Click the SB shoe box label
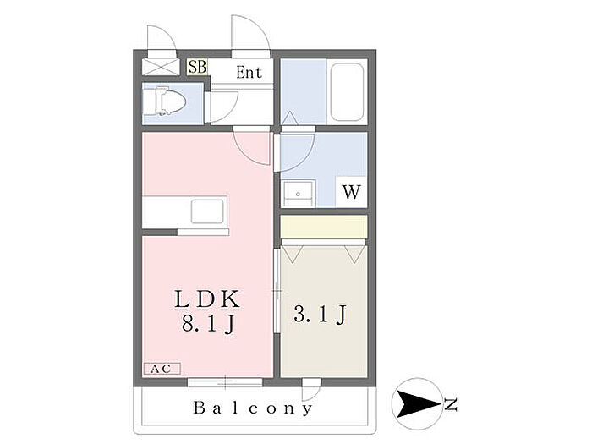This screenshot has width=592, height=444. [x=196, y=66]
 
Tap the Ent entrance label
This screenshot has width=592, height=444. [x=249, y=73]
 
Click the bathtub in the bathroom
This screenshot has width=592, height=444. [x=346, y=91]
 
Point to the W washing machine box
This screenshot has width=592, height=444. [x=350, y=191]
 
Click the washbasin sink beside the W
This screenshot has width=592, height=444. [x=297, y=193]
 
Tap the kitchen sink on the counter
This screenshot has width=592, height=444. [x=207, y=210]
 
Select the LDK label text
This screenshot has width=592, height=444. [x=207, y=299]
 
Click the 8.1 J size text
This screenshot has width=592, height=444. [x=207, y=324]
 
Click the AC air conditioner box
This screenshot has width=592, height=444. [x=161, y=369]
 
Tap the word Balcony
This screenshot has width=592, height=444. [x=254, y=408]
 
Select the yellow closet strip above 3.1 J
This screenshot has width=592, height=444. [x=323, y=227]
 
